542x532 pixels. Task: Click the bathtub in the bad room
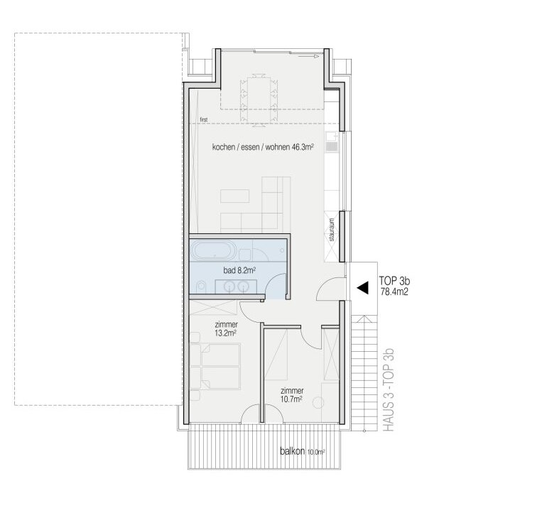(214, 250)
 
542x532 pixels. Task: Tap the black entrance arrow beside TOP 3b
(362, 287)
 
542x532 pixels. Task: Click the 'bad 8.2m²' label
(239, 270)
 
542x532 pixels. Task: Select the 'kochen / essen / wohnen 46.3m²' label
(263, 147)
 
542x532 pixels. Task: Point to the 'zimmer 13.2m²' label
(226, 328)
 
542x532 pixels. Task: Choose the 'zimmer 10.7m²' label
(292, 395)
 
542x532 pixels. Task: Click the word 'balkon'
(293, 451)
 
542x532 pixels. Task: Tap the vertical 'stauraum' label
(332, 230)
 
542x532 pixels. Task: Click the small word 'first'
(204, 119)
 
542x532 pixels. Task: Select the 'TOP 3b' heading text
(394, 280)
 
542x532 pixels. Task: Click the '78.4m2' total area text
(394, 292)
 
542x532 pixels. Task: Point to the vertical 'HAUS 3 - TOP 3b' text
(389, 389)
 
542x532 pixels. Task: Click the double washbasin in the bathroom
(236, 287)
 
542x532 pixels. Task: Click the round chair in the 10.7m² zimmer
(318, 402)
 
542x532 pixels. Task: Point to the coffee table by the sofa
(234, 196)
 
